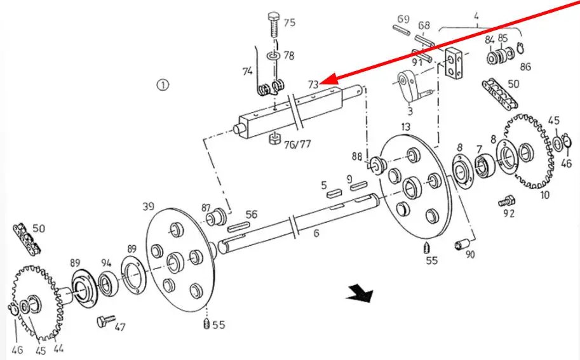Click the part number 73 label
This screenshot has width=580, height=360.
coord(313,84)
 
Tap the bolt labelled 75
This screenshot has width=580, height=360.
coord(274,24)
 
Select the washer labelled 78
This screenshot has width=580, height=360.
coord(273,56)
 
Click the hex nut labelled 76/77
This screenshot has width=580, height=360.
coord(274,139)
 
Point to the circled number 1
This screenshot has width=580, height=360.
coord(163,85)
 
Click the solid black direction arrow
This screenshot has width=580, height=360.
coord(360,293)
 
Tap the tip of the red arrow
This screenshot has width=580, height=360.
coord(321,82)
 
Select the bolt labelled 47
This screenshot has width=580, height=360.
coord(106,321)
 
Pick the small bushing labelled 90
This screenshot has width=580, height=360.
coord(462,244)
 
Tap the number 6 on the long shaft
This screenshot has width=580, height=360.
coord(316,233)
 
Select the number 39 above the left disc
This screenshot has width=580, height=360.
coord(148,206)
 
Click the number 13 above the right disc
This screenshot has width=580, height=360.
coord(406,127)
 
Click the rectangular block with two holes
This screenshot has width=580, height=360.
coord(454,62)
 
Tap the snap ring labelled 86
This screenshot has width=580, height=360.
coord(520,48)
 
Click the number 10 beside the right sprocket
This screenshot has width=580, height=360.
coord(545,195)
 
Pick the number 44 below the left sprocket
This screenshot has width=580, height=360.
coord(58,348)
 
